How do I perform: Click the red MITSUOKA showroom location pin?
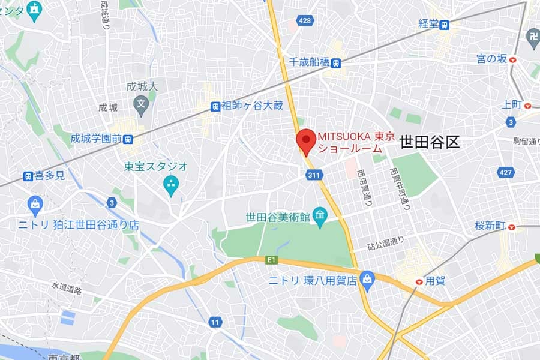tap(307, 141)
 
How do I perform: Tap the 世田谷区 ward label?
tap(429, 143)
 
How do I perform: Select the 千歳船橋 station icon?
tap(336, 62)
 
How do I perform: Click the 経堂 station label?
tap(428, 25)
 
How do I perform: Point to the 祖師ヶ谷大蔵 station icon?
tap(215, 106)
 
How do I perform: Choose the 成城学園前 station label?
tap(96, 138)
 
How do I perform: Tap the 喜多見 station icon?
tap(28, 176)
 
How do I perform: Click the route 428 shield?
tap(305, 22)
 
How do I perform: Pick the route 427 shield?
tap(506, 173)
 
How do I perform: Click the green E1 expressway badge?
tap(272, 259)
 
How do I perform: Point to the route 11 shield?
tap(215, 323)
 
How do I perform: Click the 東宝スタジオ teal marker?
tap(171, 184)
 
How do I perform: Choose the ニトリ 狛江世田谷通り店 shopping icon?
tap(35, 204)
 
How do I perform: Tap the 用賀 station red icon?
tap(419, 281)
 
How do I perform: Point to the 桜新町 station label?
tap(487, 226)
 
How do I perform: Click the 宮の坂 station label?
tap(491, 59)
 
